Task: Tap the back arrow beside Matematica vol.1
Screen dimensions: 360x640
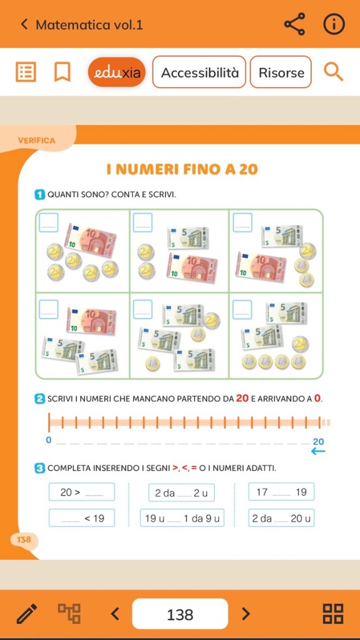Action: coord(24,24)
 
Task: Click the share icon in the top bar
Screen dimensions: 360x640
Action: coord(295,24)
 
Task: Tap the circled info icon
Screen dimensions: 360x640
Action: coord(334,24)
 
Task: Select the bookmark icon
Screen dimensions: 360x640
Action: coord(62,72)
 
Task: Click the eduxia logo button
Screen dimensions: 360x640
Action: coord(116,72)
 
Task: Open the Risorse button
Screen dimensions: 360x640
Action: coord(281,72)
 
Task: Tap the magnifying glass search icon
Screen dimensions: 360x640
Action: coord(334,72)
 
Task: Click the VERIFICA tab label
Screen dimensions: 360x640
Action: coord(36,141)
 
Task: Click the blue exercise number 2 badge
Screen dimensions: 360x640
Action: coord(39,399)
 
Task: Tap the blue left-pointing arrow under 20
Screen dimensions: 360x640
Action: coord(318,451)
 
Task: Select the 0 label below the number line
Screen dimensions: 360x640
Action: coord(49,440)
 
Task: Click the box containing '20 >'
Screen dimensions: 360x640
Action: coord(82,492)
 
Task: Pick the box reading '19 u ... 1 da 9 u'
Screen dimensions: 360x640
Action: coord(182,518)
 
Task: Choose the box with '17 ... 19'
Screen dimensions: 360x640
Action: coord(281,492)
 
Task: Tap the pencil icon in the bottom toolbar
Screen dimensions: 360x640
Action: coord(27,614)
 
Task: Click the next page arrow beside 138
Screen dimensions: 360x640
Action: coord(245,614)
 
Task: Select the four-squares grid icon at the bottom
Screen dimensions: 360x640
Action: coord(333,614)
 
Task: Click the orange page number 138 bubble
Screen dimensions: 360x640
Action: coord(24,540)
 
